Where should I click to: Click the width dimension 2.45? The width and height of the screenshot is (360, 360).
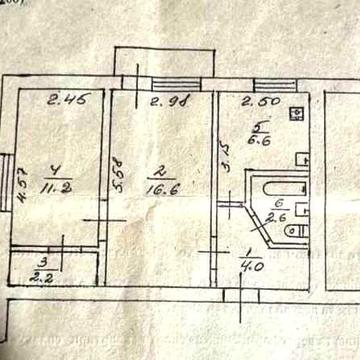click(x=62, y=98)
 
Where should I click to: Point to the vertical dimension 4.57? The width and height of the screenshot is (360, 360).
click(x=21, y=185)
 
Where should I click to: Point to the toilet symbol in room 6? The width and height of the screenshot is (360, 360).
click(x=297, y=230)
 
